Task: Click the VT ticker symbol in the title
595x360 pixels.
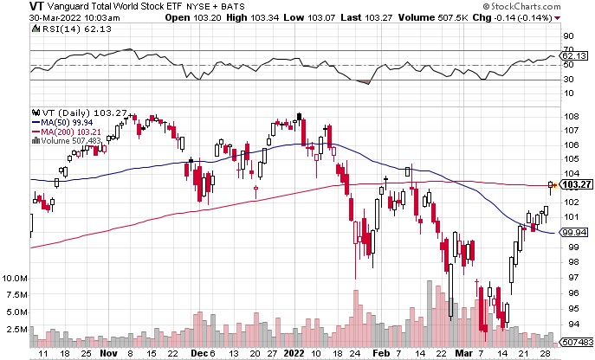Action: pyautogui.click(x=36, y=6)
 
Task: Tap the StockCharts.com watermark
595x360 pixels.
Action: pyautogui.click(x=521, y=6)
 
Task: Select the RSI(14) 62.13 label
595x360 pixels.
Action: pyautogui.click(x=72, y=29)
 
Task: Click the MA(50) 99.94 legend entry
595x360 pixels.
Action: pyautogui.click(x=62, y=123)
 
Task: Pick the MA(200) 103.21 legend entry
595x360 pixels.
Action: pyautogui.click(x=67, y=132)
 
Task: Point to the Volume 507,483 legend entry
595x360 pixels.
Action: pyautogui.click(x=67, y=141)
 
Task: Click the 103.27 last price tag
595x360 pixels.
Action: pyautogui.click(x=577, y=184)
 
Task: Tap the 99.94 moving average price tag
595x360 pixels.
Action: pyautogui.click(x=574, y=232)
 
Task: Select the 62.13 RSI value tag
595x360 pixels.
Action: pyautogui.click(x=574, y=55)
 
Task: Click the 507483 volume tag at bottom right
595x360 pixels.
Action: pyautogui.click(x=577, y=342)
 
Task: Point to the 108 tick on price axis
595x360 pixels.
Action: pyautogui.click(x=571, y=117)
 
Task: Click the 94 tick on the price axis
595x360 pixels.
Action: pyautogui.click(x=568, y=324)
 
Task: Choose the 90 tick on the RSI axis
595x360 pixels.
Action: pyautogui.click(x=568, y=36)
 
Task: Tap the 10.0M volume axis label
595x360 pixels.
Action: pyautogui.click(x=16, y=279)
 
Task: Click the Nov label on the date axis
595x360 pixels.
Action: pyautogui.click(x=108, y=353)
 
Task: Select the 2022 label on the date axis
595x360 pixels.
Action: pyautogui.click(x=294, y=353)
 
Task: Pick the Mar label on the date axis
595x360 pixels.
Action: pyautogui.click(x=463, y=353)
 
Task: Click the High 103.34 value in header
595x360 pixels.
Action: pyautogui.click(x=252, y=17)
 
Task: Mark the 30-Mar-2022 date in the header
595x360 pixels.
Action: pyautogui.click(x=53, y=18)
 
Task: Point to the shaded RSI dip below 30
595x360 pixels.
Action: pyautogui.click(x=363, y=82)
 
